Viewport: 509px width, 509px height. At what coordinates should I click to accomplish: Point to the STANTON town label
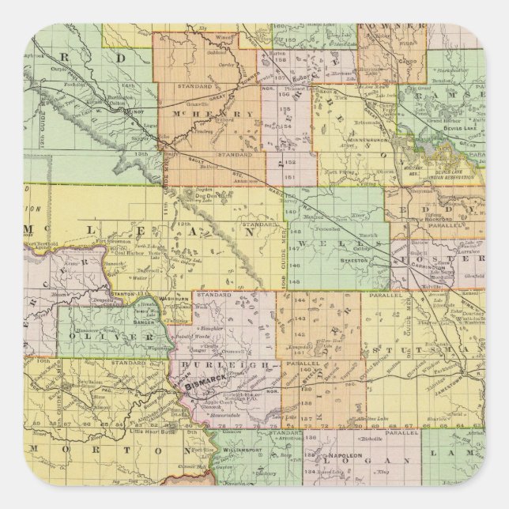[126, 293]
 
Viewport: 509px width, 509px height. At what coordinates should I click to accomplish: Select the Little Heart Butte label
[151, 432]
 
